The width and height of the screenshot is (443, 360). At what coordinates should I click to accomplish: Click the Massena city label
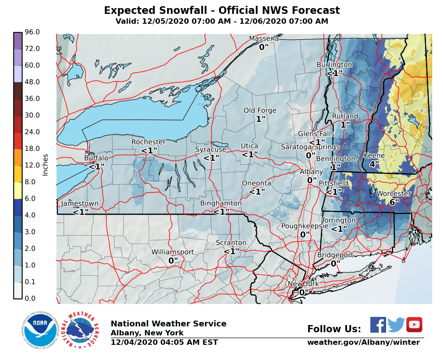(264, 39)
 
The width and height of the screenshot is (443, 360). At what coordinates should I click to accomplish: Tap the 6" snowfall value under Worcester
(394, 202)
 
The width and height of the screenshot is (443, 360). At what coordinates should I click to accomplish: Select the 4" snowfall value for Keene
(374, 164)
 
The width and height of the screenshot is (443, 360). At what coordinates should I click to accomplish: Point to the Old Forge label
(260, 111)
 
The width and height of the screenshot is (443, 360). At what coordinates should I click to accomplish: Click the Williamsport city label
(172, 252)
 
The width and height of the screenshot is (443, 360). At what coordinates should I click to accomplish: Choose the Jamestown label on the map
(80, 203)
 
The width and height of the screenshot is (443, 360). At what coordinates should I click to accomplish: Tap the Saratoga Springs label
(310, 147)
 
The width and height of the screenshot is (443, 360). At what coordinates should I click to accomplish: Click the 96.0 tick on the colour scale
(32, 32)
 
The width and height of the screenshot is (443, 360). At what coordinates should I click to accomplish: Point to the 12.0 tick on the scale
(32, 165)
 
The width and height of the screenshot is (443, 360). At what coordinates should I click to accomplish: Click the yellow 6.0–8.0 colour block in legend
(17, 190)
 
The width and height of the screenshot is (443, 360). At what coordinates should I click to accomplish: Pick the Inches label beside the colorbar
(45, 165)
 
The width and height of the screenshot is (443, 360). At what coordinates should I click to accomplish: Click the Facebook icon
(378, 325)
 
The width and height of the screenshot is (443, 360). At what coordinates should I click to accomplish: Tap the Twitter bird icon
(396, 325)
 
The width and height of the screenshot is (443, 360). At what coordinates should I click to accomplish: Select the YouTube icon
(414, 325)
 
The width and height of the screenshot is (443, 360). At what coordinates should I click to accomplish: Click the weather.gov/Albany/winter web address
(363, 343)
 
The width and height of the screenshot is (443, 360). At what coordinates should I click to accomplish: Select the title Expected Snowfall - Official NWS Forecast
(222, 11)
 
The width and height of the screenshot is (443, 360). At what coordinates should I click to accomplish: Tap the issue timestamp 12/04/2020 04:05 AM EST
(164, 343)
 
